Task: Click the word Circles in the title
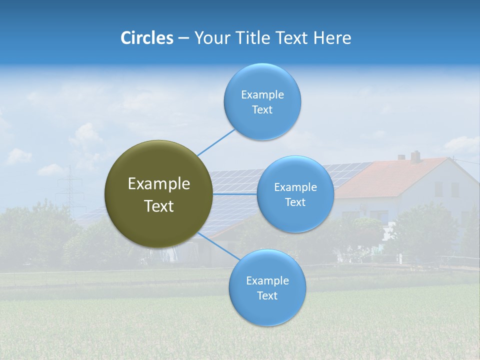click(147, 38)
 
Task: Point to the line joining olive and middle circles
click(235, 193)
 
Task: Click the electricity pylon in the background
click(70, 187)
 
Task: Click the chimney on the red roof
click(415, 156)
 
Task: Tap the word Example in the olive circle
click(159, 184)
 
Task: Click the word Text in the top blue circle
click(262, 109)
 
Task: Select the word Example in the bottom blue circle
click(267, 280)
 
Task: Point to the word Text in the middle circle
click(295, 202)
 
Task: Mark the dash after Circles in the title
click(183, 38)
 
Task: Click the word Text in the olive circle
click(159, 206)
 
